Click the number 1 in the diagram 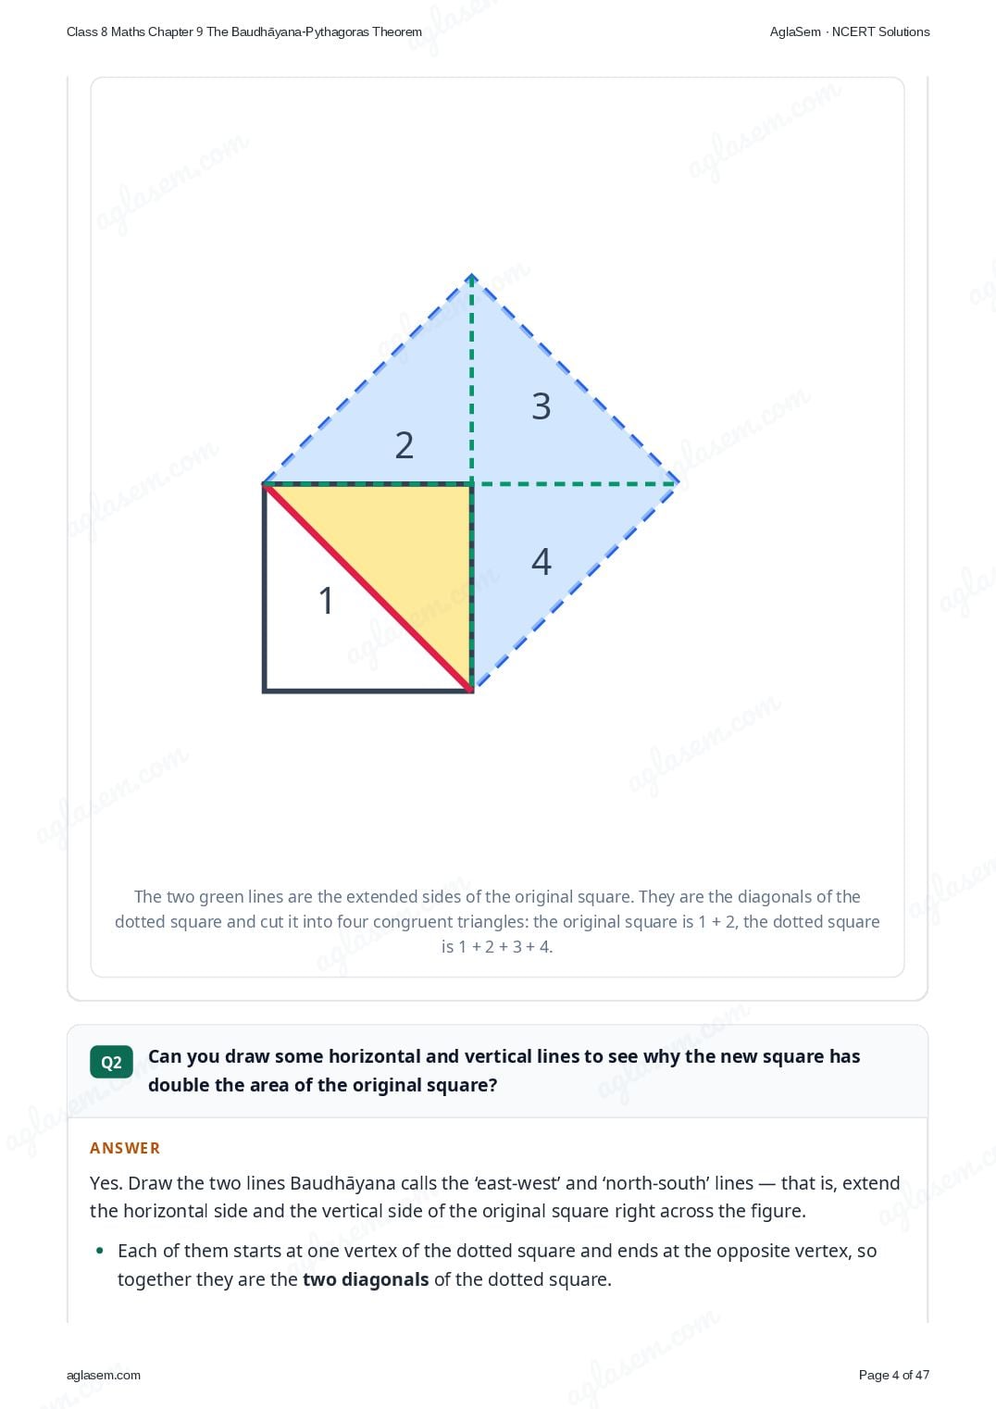point(326,600)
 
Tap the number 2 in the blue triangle point(405,444)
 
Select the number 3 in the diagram point(542,405)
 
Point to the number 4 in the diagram point(542,561)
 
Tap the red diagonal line point(367,588)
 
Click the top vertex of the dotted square point(471,276)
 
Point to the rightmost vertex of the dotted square point(678,482)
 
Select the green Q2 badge point(111,1063)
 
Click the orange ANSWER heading point(124,1148)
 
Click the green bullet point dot point(100,1251)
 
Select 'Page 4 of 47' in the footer point(894,1375)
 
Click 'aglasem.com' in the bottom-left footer point(104,1375)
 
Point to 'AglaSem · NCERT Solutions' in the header point(850,32)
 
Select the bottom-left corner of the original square point(265,691)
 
